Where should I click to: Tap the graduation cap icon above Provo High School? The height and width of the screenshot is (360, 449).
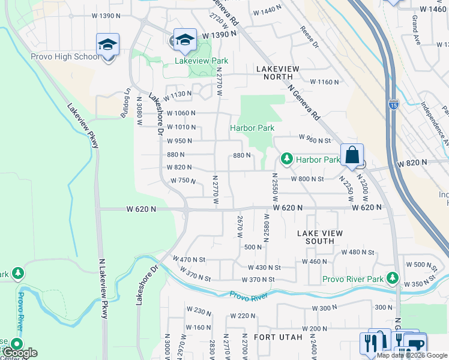click(x=108, y=45)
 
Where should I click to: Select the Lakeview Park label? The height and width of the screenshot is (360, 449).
click(x=201, y=61)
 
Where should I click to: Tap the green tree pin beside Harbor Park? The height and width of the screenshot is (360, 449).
click(x=287, y=159)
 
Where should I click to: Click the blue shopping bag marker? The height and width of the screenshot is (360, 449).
click(x=352, y=155)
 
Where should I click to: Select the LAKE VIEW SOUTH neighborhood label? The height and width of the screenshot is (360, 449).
click(x=320, y=237)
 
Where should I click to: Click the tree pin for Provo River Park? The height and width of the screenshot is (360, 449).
click(x=393, y=278)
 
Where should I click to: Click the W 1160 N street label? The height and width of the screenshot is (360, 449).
click(x=324, y=82)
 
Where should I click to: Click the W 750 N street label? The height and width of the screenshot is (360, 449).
click(x=183, y=180)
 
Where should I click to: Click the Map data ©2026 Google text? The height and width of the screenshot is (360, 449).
click(x=412, y=355)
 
